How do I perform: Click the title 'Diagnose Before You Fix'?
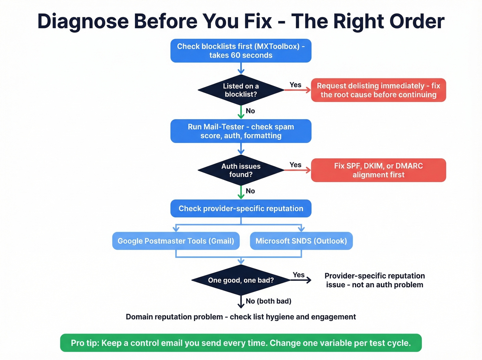coord(241,21)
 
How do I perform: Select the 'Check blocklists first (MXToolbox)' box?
coord(241,51)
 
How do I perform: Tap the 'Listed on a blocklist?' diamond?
coord(241,90)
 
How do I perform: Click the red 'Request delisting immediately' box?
coord(378,90)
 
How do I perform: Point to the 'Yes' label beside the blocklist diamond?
coord(295,85)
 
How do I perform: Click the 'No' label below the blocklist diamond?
coord(250,111)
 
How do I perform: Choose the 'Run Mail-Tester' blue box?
coord(241,131)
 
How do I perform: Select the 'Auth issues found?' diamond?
coord(241,170)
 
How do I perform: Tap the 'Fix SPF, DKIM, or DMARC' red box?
coord(378,170)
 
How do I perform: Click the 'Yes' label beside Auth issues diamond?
coord(295,165)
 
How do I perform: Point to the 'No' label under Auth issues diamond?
coord(250,191)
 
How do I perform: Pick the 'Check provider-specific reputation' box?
coord(241,208)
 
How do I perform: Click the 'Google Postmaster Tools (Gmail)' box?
coord(176,241)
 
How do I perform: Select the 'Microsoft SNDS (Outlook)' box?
coord(301,241)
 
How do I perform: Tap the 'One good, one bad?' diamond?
coord(241,280)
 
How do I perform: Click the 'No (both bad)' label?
coord(269,301)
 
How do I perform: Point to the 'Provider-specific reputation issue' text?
coord(375,280)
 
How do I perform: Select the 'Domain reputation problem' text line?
coord(241,317)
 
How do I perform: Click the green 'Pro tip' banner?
coord(241,343)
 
